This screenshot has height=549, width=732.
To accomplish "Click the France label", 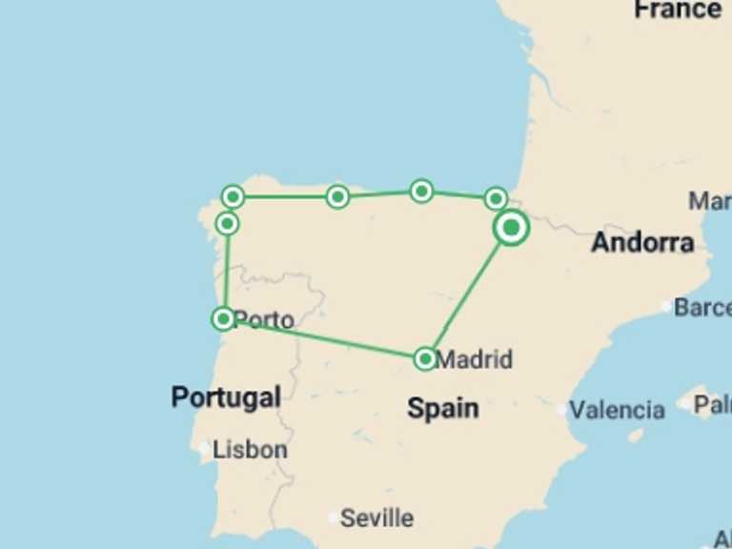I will (678, 10).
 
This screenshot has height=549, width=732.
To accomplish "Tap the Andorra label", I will (642, 242).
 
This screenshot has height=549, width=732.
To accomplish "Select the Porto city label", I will (264, 319).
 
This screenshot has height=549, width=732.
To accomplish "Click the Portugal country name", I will (226, 396).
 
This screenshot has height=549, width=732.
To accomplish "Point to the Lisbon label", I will (250, 449).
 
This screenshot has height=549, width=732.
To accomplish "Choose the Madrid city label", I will (474, 359).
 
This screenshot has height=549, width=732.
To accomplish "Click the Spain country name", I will (443, 408).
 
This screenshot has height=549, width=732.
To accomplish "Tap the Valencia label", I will (618, 410).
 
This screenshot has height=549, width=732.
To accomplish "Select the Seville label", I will (377, 518).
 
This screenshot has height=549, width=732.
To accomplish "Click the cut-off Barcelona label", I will (702, 307).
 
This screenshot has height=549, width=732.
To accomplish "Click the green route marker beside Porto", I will (223, 318).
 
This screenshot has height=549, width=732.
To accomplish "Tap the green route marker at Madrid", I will (425, 359).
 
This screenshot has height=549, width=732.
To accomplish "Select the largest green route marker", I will (512, 228).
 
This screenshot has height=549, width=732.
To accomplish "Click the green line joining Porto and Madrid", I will (324, 338).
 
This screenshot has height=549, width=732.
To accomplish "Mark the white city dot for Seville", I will (331, 518).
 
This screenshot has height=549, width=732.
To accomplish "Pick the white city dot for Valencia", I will (562, 411).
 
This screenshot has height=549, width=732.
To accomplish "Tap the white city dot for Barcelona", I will (666, 307).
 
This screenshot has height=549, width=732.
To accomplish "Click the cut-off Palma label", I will (712, 404).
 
